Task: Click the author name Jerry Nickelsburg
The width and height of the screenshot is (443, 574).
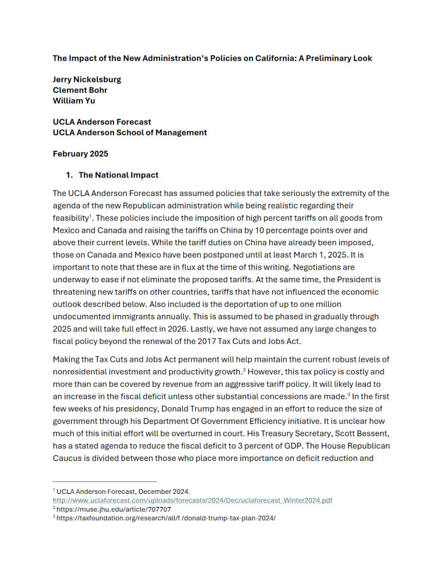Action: pyautogui.click(x=87, y=80)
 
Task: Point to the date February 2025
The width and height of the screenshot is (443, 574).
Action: pyautogui.click(x=81, y=154)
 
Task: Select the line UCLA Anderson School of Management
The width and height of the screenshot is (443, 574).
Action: pyautogui.click(x=130, y=133)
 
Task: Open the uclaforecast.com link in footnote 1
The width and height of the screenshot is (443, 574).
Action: pyautogui.click(x=192, y=500)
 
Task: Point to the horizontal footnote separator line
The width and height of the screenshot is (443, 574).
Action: pyautogui.click(x=104, y=481)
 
